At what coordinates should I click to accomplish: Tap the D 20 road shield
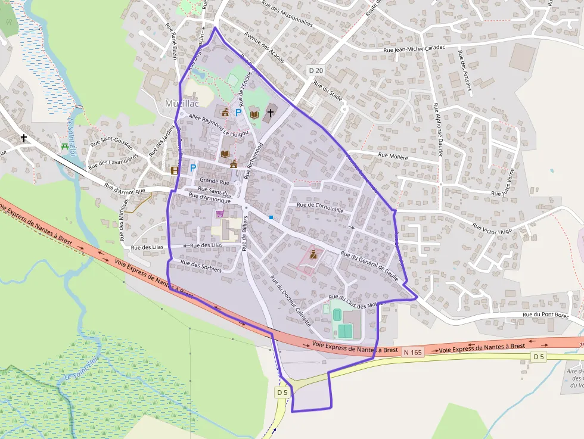pyautogui.click(x=316, y=70)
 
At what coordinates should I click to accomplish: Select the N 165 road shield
pyautogui.click(x=412, y=353)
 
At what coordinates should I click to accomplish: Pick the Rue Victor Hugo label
pyautogui.click(x=492, y=228)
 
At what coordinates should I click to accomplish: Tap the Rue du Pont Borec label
pyautogui.click(x=545, y=315)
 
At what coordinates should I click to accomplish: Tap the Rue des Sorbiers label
pyautogui.click(x=201, y=266)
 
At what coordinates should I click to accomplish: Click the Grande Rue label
pyautogui.click(x=215, y=180)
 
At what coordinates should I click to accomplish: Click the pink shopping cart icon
pyautogui.click(x=220, y=214)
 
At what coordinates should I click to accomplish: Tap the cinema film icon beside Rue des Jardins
pyautogui.click(x=175, y=170)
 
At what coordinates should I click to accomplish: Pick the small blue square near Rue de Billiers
pyautogui.click(x=271, y=217)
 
